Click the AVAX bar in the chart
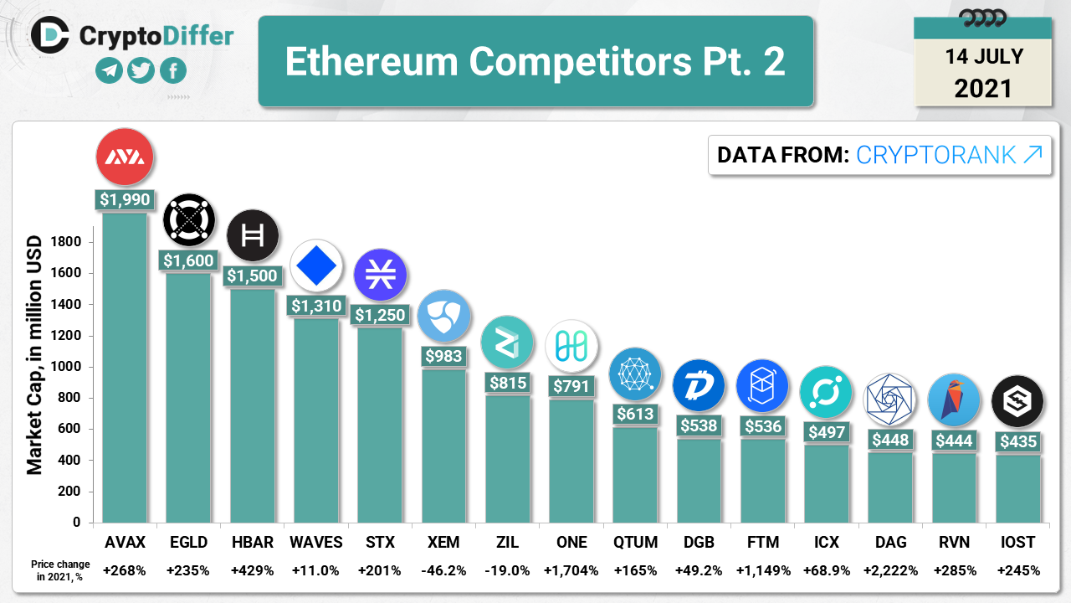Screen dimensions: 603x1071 pos(125,368)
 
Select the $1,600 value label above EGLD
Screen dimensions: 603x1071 pos(188,261)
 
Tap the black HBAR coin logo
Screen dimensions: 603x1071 pos(253,235)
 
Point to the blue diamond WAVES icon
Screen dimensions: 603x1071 pos(316,266)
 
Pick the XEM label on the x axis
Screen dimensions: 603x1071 pos(443,542)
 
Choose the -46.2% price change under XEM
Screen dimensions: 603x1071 pos(443,570)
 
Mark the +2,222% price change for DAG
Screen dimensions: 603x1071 pos(889,570)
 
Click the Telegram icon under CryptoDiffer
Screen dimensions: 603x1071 pos(109,70)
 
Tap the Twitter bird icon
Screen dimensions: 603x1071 pos(141,70)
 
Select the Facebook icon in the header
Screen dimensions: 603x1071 pos(172,70)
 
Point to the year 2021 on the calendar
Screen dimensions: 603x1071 pos(983,88)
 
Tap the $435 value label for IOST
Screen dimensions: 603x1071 pos(1017,441)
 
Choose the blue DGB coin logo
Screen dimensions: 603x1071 pos(699,385)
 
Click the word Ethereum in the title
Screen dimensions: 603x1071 pos(372,61)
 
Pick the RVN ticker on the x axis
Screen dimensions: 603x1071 pos(953,542)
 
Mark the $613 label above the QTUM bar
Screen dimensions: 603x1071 pos(635,414)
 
